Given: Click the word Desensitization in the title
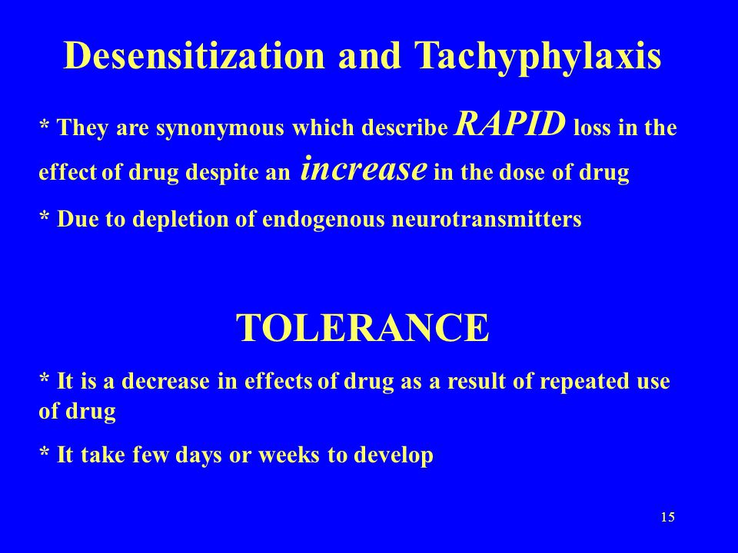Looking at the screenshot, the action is (x=194, y=55).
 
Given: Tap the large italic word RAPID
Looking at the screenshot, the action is (x=510, y=124).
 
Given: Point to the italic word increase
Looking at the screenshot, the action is (x=364, y=168).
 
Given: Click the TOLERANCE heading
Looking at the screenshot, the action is (x=362, y=328).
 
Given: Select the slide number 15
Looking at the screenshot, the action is (x=667, y=517).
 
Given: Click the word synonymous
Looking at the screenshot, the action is (x=220, y=129).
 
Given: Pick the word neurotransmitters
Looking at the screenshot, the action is (x=487, y=219).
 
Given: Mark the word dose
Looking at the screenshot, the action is (x=523, y=173).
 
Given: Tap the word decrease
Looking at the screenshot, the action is (x=166, y=382).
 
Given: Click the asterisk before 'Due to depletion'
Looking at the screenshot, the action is (x=45, y=217).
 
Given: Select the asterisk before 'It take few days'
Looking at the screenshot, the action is (x=45, y=452).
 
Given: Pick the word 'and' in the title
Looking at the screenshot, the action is (x=370, y=55).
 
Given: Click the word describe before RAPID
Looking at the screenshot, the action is (x=404, y=128).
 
